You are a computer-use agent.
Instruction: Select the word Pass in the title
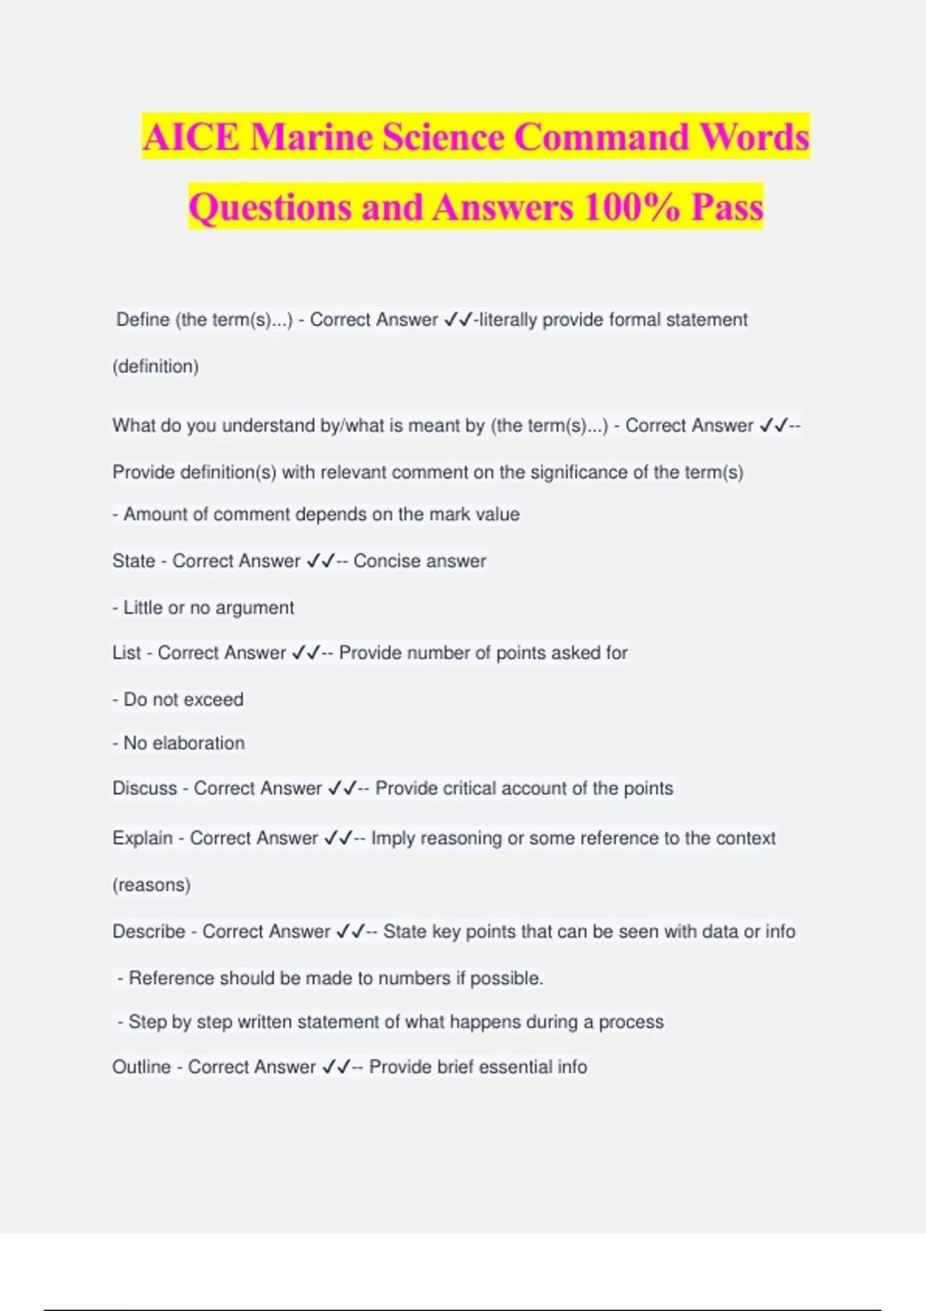pos(726,207)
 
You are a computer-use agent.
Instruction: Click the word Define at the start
pos(143,320)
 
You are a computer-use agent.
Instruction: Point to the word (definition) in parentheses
pos(156,366)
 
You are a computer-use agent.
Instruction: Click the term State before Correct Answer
pos(133,561)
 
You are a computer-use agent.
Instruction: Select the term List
pos(127,653)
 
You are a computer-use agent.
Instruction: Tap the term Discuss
pos(144,789)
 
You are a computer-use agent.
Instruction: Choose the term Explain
pos(142,838)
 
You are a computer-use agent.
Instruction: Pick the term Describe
pos(148,932)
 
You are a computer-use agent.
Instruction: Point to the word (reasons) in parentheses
pos(151,885)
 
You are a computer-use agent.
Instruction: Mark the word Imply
pos(393,838)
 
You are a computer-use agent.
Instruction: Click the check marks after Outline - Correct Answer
pos(336,1067)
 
